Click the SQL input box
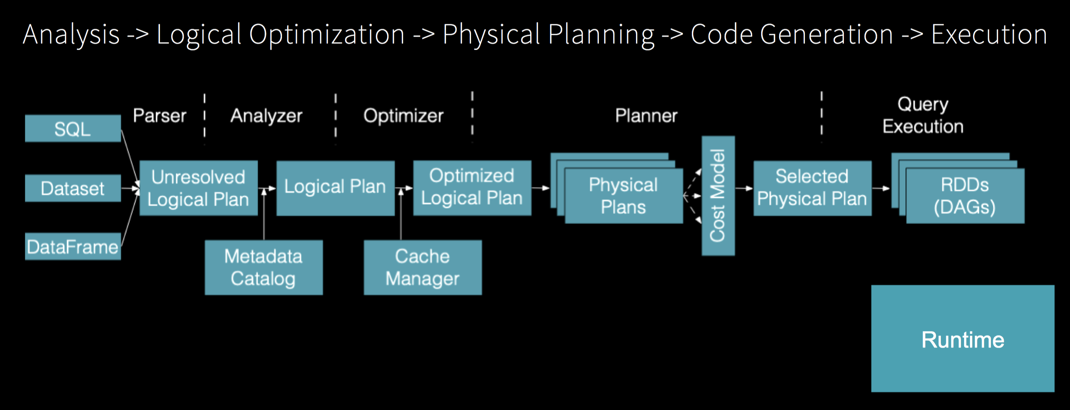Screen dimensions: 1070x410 73,129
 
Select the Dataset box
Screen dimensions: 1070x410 73,188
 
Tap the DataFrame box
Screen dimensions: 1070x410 73,246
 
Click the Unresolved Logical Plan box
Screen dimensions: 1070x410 198,188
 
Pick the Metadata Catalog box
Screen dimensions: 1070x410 264,268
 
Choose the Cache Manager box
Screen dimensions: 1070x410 423,268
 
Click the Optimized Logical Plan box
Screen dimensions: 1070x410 472,188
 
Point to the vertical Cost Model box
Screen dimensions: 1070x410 718,196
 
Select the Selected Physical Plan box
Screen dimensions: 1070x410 813,188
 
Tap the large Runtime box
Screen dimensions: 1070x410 963,339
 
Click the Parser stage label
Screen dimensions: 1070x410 160,116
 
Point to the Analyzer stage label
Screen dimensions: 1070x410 266,116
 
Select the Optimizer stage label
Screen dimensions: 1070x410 404,116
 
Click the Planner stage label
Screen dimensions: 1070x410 646,116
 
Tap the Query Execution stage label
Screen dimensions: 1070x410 923,115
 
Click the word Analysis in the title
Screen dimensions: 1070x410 71,34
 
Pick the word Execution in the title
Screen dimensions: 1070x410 989,34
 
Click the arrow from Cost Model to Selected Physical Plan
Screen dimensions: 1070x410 744,188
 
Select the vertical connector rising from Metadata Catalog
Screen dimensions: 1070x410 264,214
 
